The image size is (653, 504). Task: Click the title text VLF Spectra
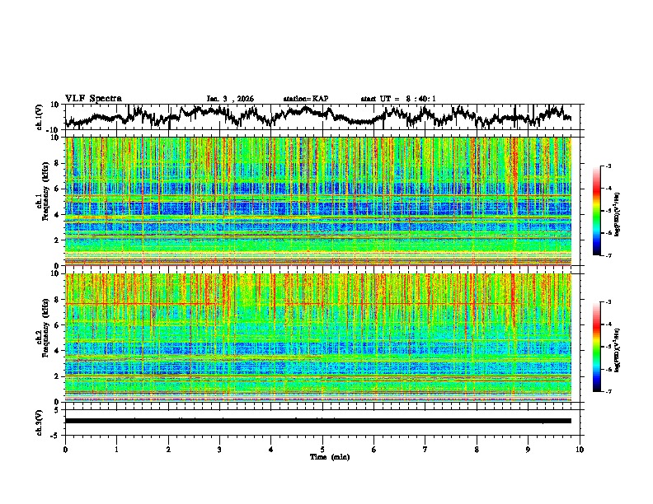click(93, 98)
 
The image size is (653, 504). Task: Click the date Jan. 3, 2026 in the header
click(230, 99)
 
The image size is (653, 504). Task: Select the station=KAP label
click(305, 99)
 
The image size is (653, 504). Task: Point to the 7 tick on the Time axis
click(425, 449)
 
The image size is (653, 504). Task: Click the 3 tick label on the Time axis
click(219, 449)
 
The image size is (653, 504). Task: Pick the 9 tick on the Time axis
click(529, 449)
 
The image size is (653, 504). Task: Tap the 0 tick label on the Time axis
click(65, 449)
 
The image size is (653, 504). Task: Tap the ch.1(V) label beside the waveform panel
click(40, 117)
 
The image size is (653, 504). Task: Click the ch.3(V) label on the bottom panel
click(40, 421)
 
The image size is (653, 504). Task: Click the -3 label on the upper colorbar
click(608, 166)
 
